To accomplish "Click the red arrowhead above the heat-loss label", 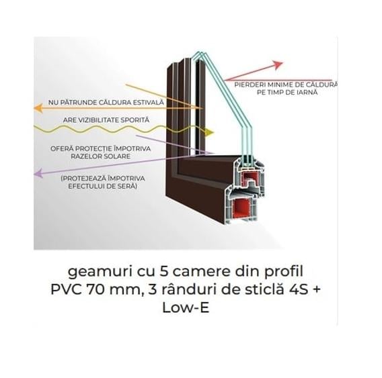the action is [278, 65].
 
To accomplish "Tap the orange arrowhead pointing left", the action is [38, 107].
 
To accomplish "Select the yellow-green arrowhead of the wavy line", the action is [210, 132].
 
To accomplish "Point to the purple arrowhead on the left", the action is [38, 173].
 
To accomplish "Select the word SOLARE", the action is [117, 156].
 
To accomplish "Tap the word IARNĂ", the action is [307, 93].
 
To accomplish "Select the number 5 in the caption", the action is [163, 271].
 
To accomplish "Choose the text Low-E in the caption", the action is [186, 308].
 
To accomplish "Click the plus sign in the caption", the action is [315, 290].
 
